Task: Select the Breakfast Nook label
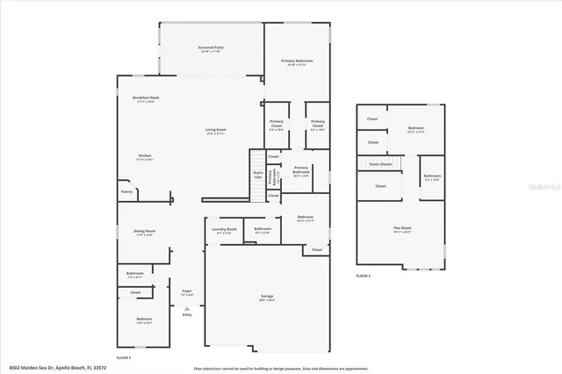click(145, 97)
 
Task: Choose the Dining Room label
click(144, 231)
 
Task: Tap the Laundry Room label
click(222, 230)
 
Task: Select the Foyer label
click(187, 291)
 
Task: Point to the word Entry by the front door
click(187, 314)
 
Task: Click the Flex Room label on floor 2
click(402, 228)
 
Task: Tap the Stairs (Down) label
click(380, 163)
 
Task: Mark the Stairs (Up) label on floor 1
click(258, 174)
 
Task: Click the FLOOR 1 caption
click(124, 358)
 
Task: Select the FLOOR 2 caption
click(364, 275)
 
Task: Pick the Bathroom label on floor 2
click(432, 176)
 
